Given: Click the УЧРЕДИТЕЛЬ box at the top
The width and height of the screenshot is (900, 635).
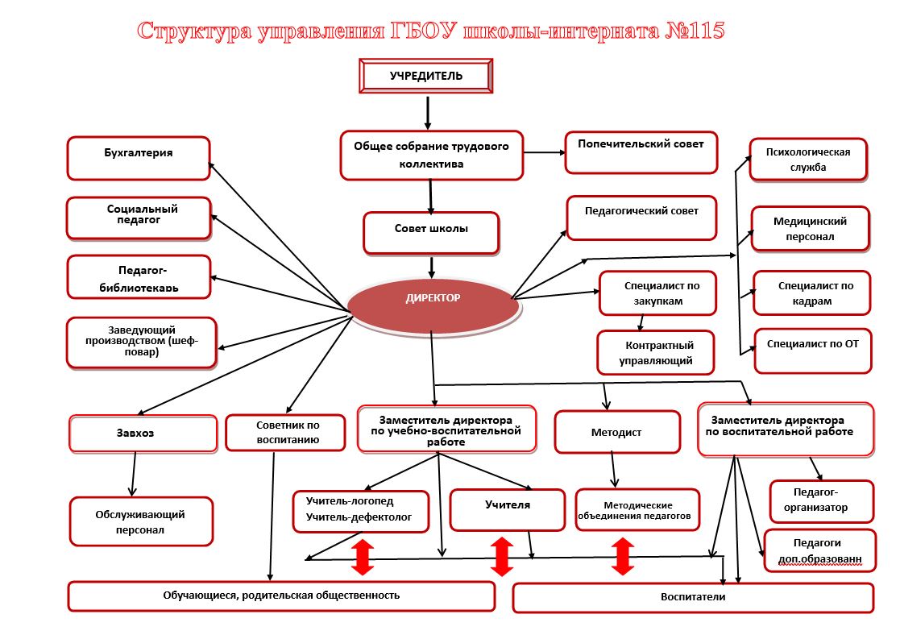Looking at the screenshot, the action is point(426,76).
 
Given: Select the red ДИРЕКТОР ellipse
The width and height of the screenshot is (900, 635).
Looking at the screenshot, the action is point(433,305).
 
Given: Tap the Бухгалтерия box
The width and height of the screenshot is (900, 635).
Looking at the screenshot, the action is point(139,159).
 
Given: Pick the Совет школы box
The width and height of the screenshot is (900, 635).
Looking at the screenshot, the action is point(431,233).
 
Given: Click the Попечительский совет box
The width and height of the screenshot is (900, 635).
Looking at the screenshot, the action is point(641,152).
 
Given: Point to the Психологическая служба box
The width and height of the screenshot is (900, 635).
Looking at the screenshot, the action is point(808,160).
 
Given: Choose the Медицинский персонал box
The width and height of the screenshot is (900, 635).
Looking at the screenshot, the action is point(811,229).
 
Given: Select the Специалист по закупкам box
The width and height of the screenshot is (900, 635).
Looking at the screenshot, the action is point(657,293).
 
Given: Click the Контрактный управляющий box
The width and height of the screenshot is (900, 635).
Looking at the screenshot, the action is point(656,352).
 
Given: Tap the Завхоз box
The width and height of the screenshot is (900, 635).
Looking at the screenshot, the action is point(143,434).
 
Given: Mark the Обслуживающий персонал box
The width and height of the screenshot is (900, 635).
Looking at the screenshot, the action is point(141,521).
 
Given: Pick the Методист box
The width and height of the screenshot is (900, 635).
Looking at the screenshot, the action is point(617,432).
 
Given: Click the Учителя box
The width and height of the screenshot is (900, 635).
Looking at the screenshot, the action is point(508,510).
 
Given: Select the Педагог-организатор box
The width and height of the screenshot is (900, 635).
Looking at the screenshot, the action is point(822,501).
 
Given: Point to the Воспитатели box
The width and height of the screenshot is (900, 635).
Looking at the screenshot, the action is point(693,598).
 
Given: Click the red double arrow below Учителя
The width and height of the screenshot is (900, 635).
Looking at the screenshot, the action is point(502,556).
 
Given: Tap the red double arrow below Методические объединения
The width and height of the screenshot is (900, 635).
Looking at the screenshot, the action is point(623,556).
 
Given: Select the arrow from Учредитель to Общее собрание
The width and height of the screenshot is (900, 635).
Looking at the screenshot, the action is point(428,113).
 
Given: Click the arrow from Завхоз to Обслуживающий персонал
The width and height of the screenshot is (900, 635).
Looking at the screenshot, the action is point(134,475).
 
